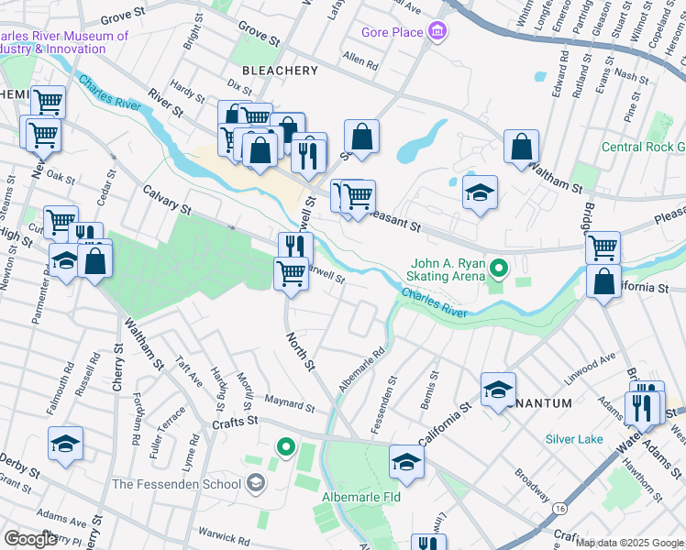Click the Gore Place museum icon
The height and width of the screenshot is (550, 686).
pyautogui.click(x=437, y=33)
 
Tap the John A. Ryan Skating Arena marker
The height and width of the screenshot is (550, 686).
pyautogui.click(x=499, y=269)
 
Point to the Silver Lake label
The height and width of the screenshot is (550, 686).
pyautogui.click(x=574, y=439)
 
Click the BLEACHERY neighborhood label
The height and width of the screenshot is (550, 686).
pyautogui.click(x=280, y=70)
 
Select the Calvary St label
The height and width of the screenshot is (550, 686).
pyautogui.click(x=165, y=201)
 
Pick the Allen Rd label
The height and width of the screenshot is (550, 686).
pyautogui.click(x=360, y=63)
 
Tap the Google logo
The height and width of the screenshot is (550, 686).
pyautogui.click(x=31, y=539)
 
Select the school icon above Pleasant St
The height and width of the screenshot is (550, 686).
pyautogui.click(x=480, y=193)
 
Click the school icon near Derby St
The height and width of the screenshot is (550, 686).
pyautogui.click(x=66, y=445)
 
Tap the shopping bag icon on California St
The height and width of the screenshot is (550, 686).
pyautogui.click(x=603, y=282)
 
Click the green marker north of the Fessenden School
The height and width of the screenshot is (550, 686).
pyautogui.click(x=286, y=447)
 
